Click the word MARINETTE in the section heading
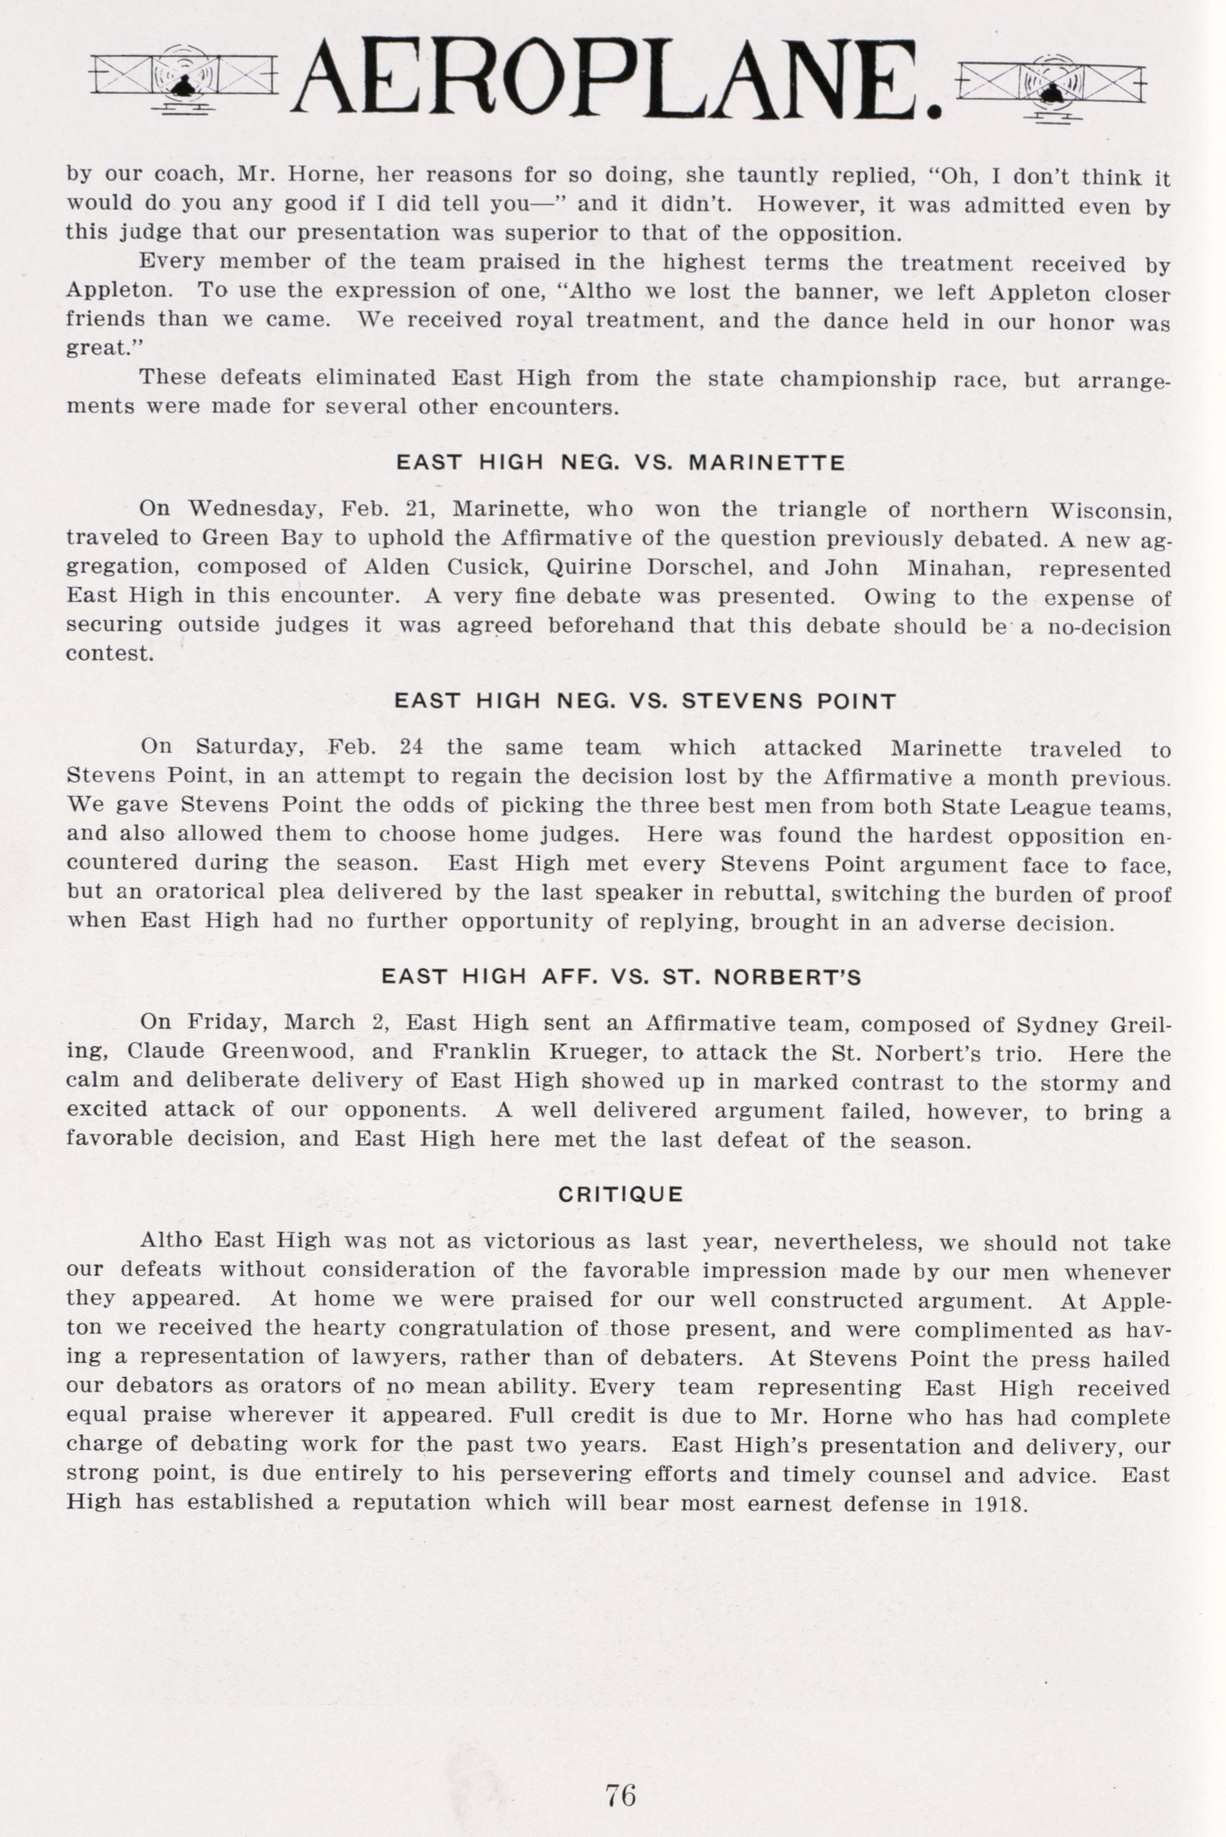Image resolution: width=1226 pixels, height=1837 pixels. click(766, 463)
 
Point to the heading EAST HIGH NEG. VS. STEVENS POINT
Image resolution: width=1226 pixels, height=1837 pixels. click(644, 701)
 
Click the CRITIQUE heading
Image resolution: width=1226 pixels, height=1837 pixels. click(621, 1195)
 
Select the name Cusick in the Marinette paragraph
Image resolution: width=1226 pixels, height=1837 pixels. click(478, 568)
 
